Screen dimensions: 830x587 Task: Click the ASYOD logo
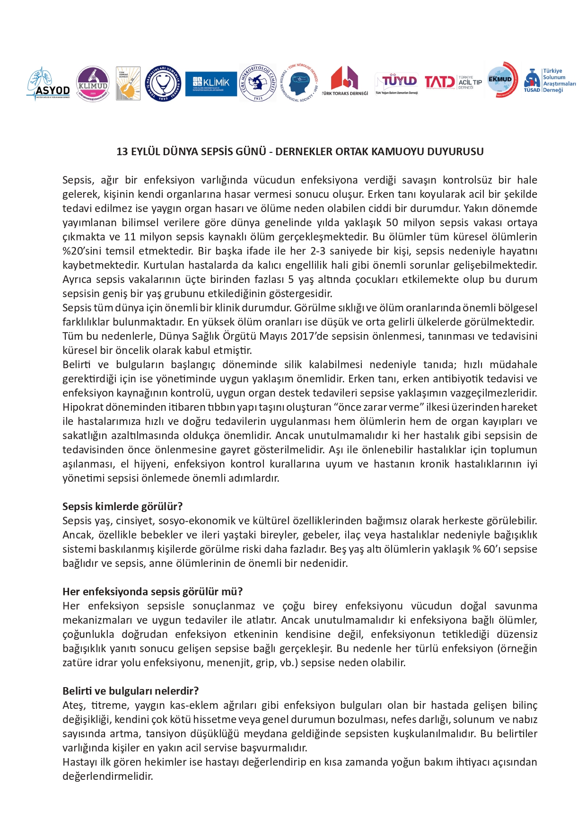click(x=48, y=84)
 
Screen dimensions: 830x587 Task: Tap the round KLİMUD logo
click(x=93, y=84)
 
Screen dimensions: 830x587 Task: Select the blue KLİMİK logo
click(x=211, y=83)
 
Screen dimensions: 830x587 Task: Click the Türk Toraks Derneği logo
click(x=344, y=82)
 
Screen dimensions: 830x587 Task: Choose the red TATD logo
click(x=439, y=82)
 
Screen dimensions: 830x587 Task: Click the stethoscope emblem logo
click(x=163, y=84)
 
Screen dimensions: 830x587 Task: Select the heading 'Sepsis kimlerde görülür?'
click(x=123, y=506)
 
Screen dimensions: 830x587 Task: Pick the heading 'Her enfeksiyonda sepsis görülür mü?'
click(x=152, y=592)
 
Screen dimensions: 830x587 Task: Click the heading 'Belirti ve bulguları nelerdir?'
click(x=131, y=691)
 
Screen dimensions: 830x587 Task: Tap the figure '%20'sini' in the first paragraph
click(x=82, y=251)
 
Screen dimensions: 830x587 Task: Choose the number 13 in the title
click(x=122, y=152)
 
